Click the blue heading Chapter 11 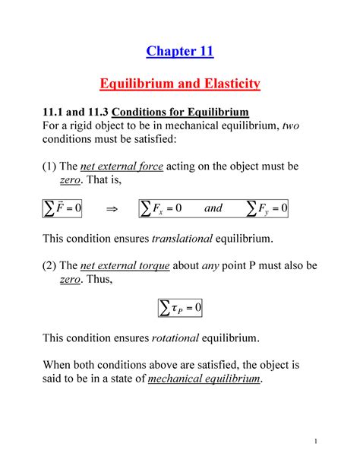(x=179, y=52)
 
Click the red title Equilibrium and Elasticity (x=179, y=83)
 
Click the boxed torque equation (x=179, y=307)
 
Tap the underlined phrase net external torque (x=125, y=267)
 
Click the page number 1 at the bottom (x=333, y=442)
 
